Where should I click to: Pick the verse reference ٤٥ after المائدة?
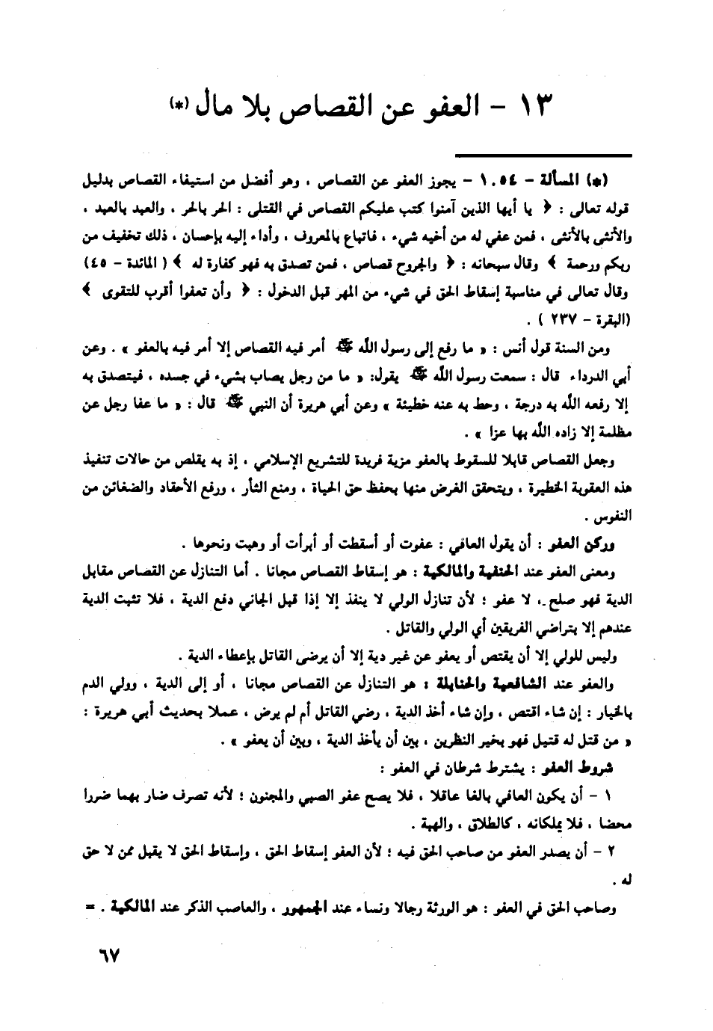click(96, 266)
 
